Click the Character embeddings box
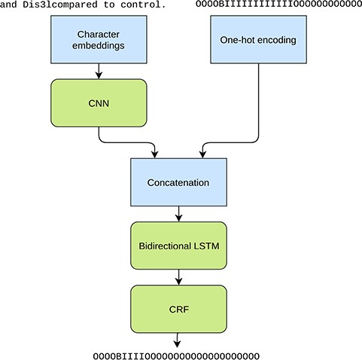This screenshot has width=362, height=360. tap(99, 39)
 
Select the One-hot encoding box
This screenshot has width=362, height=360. tap(258, 39)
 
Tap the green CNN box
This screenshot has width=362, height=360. tap(99, 102)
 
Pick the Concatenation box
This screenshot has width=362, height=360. tap(178, 182)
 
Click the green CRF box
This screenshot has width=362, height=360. tap(178, 308)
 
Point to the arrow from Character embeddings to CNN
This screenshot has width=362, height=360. tap(99, 71)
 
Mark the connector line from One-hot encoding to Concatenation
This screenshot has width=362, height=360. tap(258, 105)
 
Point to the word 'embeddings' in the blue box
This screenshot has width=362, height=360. tap(99, 45)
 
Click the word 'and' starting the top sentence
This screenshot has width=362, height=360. tap(10, 5)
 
